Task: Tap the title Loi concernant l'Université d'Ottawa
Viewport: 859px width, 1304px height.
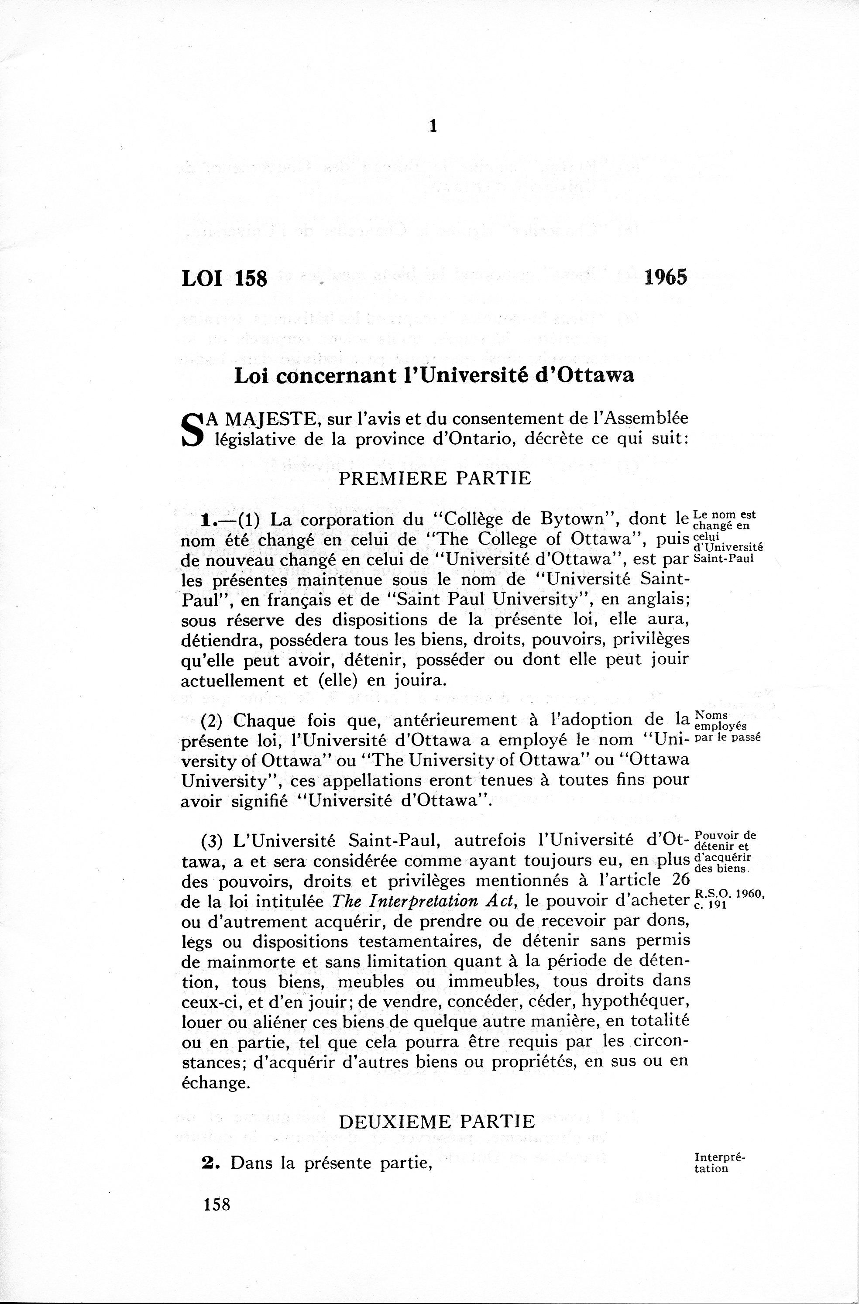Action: tap(434, 376)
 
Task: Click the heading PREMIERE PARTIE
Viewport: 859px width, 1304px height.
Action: tap(435, 478)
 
